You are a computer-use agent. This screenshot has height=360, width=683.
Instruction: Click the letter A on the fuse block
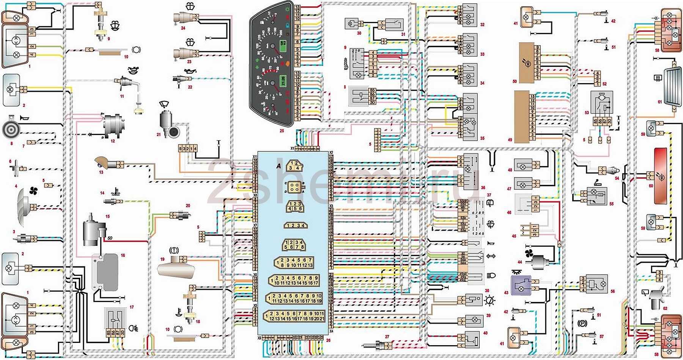pyautogui.click(x=279, y=166)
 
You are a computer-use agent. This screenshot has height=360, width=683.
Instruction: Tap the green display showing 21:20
pyautogui.click(x=283, y=81)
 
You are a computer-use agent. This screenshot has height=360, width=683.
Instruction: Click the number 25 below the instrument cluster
pyautogui.click(x=282, y=131)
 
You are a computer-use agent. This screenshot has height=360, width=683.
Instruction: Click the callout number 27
pyautogui.click(x=387, y=337)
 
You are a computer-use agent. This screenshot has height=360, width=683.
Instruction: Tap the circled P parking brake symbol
pyautogui.click(x=582, y=323)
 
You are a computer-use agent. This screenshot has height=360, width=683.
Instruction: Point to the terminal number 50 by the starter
pyautogui.click(x=110, y=238)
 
